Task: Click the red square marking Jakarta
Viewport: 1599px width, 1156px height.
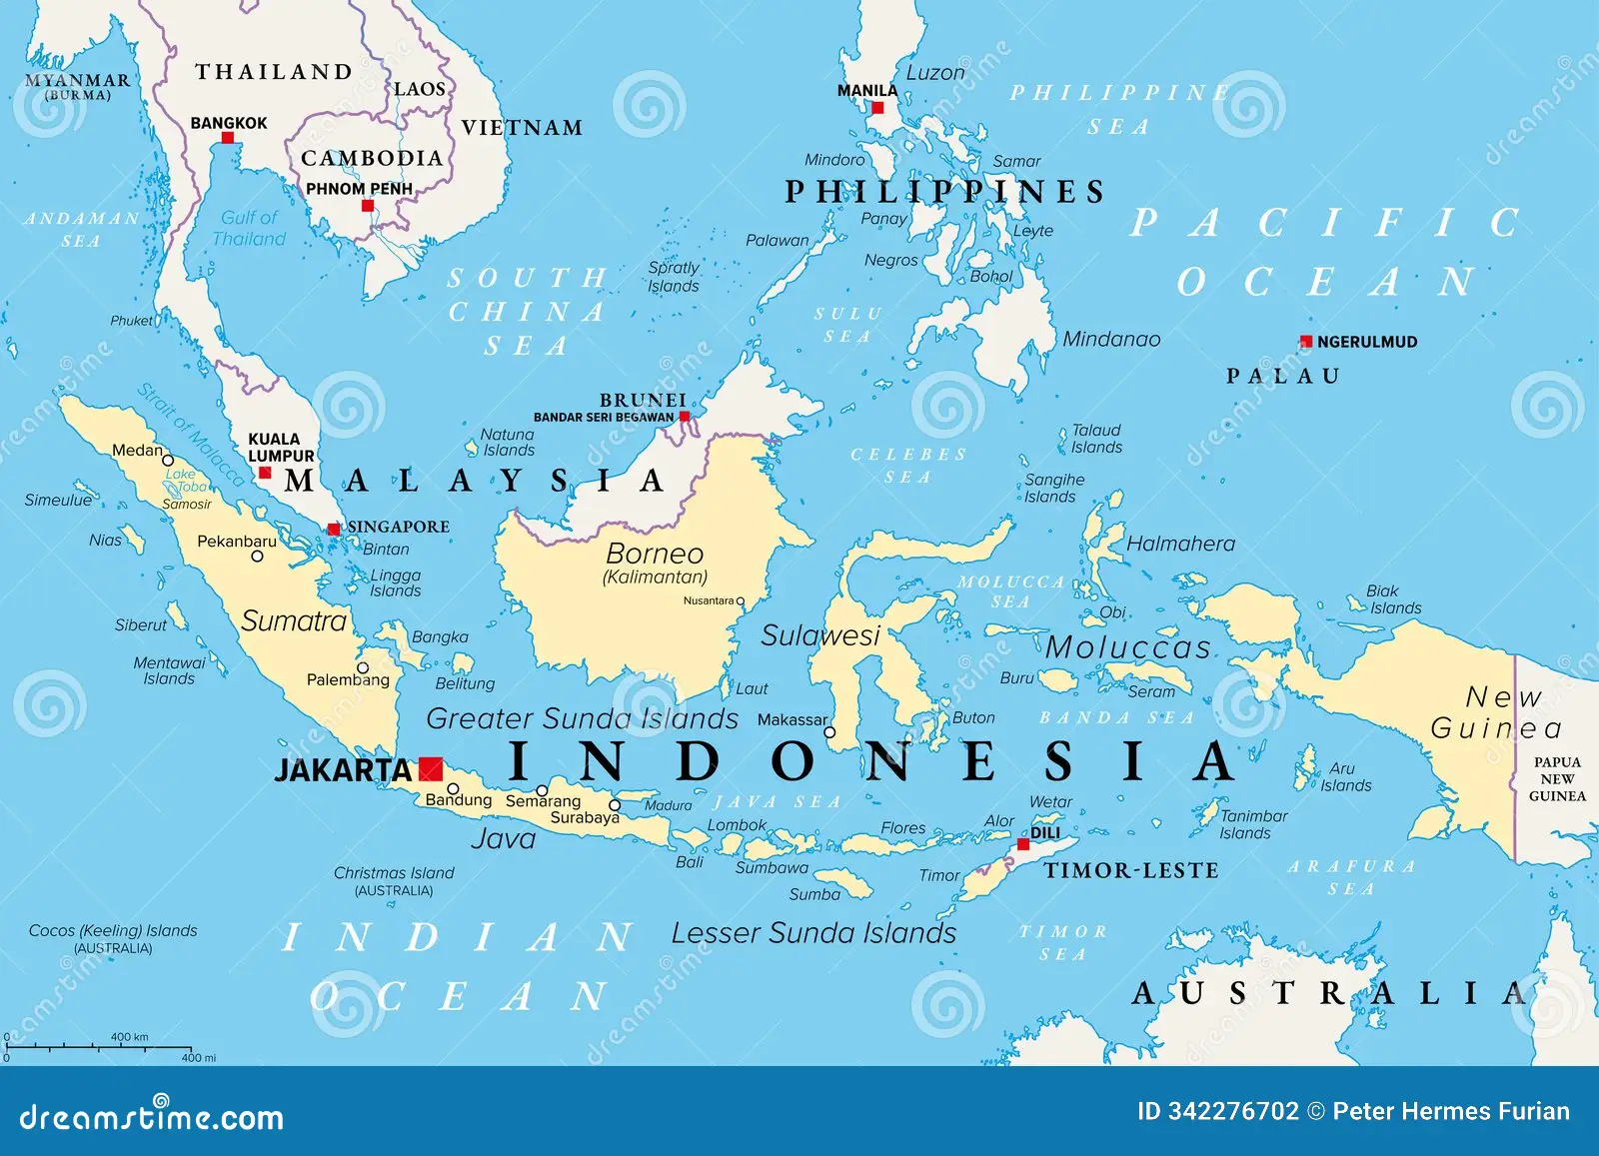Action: [x=431, y=768]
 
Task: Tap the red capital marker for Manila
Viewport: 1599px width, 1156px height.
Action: [x=877, y=108]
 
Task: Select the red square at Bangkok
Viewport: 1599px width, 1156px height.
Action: [x=227, y=138]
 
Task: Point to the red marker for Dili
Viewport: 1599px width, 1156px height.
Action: [x=1023, y=844]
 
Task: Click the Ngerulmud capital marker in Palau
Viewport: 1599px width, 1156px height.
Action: [x=1305, y=342]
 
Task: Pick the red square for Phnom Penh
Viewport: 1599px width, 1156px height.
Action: [x=368, y=206]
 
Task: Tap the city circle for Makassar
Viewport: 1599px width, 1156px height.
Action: [x=829, y=732]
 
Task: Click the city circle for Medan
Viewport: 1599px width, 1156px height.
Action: [x=168, y=461]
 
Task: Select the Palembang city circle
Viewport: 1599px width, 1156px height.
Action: [x=363, y=667]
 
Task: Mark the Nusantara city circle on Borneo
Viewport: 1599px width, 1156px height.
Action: [x=741, y=601]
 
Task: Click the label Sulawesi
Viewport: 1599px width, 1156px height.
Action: [x=820, y=635]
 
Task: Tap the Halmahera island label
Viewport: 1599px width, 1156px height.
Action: [x=1180, y=544]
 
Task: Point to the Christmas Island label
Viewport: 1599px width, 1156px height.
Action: [x=394, y=873]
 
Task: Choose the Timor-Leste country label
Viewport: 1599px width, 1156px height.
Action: [x=1131, y=870]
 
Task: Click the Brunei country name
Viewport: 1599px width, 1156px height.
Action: [x=643, y=400]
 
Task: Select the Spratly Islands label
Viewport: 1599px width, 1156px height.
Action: [x=674, y=277]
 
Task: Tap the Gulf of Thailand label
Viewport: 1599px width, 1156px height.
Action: [x=249, y=228]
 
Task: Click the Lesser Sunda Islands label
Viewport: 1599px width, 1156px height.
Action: [x=813, y=933]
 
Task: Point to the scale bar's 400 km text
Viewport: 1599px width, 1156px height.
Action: [x=129, y=1037]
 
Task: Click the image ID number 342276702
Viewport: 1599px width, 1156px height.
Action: [x=1233, y=1111]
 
